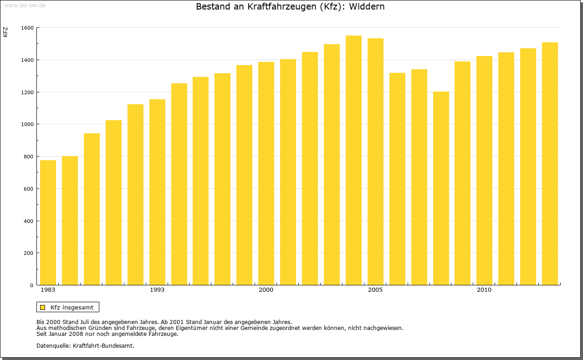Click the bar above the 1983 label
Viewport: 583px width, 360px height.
point(48,223)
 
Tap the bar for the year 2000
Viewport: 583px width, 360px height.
point(266,173)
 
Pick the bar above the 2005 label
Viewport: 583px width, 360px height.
point(375,162)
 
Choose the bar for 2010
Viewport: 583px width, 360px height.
point(484,171)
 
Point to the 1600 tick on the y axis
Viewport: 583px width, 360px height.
point(27,28)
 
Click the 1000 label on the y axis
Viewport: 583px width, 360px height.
point(27,124)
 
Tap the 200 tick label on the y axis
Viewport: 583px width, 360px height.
point(29,253)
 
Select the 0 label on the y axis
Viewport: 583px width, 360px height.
point(31,285)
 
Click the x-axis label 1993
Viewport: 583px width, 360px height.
point(157,290)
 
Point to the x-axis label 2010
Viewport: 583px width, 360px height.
point(484,290)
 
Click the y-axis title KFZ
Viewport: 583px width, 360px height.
point(5,32)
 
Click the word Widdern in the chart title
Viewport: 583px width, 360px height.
point(367,7)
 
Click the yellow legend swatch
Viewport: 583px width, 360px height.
point(43,307)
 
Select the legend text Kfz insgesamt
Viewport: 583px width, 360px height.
point(72,307)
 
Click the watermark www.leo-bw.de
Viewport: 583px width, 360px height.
point(24,5)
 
